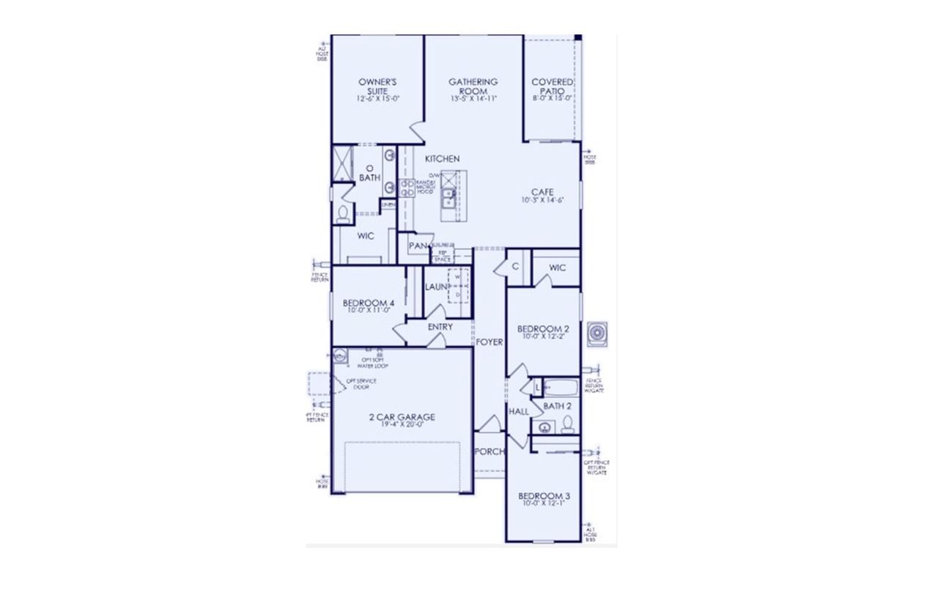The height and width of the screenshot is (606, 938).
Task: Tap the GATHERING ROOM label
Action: click(x=473, y=86)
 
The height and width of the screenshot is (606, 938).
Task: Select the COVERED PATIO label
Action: click(x=552, y=86)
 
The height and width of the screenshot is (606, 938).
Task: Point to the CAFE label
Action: click(x=542, y=192)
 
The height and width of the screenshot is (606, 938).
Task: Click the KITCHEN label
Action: click(x=443, y=159)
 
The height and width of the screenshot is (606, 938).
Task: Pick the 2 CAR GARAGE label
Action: click(x=402, y=417)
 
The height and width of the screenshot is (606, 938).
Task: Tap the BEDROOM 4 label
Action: click(x=369, y=303)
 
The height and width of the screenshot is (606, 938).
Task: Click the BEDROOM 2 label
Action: click(x=543, y=328)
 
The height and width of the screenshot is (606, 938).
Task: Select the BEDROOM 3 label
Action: click(x=544, y=496)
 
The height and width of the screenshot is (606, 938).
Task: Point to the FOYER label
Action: click(x=489, y=342)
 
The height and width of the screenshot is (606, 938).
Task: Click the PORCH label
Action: click(x=489, y=451)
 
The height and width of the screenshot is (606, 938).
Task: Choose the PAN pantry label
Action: click(x=418, y=246)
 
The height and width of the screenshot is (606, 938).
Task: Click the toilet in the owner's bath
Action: click(x=343, y=213)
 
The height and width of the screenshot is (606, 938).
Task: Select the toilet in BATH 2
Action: click(x=567, y=424)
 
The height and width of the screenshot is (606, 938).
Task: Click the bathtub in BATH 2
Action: click(x=561, y=387)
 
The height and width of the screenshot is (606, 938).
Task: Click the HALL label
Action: click(x=518, y=412)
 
